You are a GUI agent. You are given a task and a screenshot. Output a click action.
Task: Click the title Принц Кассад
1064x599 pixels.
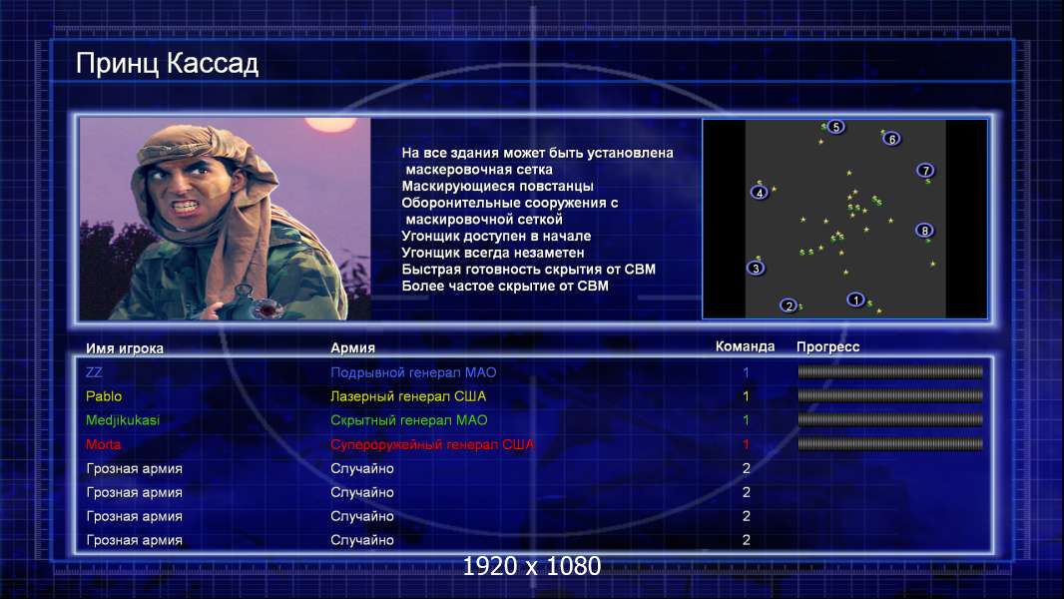tap(167, 64)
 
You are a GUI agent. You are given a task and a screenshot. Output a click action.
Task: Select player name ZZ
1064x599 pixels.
tap(94, 372)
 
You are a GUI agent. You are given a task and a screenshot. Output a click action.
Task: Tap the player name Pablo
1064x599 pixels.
tap(104, 396)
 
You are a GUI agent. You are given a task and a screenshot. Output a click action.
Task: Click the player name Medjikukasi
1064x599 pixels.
tap(123, 420)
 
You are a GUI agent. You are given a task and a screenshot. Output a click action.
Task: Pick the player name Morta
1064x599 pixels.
tap(103, 444)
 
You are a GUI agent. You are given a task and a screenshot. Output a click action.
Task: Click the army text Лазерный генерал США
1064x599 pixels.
tap(408, 396)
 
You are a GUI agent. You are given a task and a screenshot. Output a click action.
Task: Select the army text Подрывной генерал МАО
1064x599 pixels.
tap(413, 372)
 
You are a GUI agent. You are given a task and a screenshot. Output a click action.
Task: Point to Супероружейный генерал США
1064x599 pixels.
tap(432, 444)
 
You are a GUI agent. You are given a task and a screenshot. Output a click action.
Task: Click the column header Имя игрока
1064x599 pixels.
tap(125, 348)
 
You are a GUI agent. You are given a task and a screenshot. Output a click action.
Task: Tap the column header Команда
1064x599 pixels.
tap(745, 346)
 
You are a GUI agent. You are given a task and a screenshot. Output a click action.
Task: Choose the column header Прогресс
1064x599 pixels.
tap(827, 347)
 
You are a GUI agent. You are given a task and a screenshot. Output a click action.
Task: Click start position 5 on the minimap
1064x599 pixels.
tap(836, 127)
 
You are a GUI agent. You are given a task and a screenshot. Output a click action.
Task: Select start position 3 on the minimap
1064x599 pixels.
tap(756, 268)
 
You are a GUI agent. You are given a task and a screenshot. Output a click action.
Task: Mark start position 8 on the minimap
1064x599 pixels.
tap(924, 231)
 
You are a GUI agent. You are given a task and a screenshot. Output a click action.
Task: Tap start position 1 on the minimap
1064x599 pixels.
tap(855, 299)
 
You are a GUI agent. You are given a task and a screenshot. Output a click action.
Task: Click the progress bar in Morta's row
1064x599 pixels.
tap(890, 444)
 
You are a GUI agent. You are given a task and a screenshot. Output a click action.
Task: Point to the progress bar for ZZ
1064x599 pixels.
tap(890, 371)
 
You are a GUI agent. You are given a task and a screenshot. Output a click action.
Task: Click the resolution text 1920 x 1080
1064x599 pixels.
tap(532, 566)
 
